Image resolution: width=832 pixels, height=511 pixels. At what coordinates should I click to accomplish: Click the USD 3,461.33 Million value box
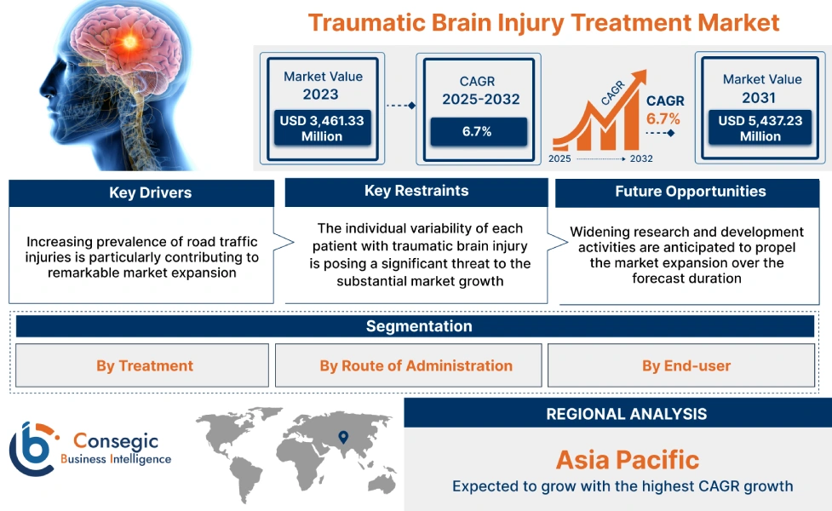pos(322,129)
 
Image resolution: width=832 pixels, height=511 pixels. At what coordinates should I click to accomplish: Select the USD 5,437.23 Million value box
pos(760,129)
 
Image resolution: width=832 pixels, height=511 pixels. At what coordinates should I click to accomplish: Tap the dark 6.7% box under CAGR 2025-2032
pos(479,131)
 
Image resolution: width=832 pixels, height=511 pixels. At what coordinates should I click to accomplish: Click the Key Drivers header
pos(141,193)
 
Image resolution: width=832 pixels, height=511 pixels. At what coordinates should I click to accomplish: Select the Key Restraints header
pos(416,192)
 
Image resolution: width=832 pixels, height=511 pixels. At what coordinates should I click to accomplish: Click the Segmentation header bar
pos(418,326)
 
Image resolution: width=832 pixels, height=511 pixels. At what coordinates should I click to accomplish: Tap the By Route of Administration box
pos(416,366)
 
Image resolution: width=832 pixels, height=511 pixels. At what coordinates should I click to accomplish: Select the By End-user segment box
pos(686,366)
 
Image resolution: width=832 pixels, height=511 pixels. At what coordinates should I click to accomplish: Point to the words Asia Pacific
pos(627,460)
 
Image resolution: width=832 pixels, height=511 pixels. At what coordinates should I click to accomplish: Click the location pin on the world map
pos(343,437)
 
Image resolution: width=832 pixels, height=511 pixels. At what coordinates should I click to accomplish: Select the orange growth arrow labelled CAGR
pos(596,115)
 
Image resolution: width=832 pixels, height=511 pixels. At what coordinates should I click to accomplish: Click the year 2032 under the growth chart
pos(641,159)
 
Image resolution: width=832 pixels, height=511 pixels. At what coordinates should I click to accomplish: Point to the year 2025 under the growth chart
pos(559,159)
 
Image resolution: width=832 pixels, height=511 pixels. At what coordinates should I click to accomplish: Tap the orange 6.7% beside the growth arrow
pos(663,118)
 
